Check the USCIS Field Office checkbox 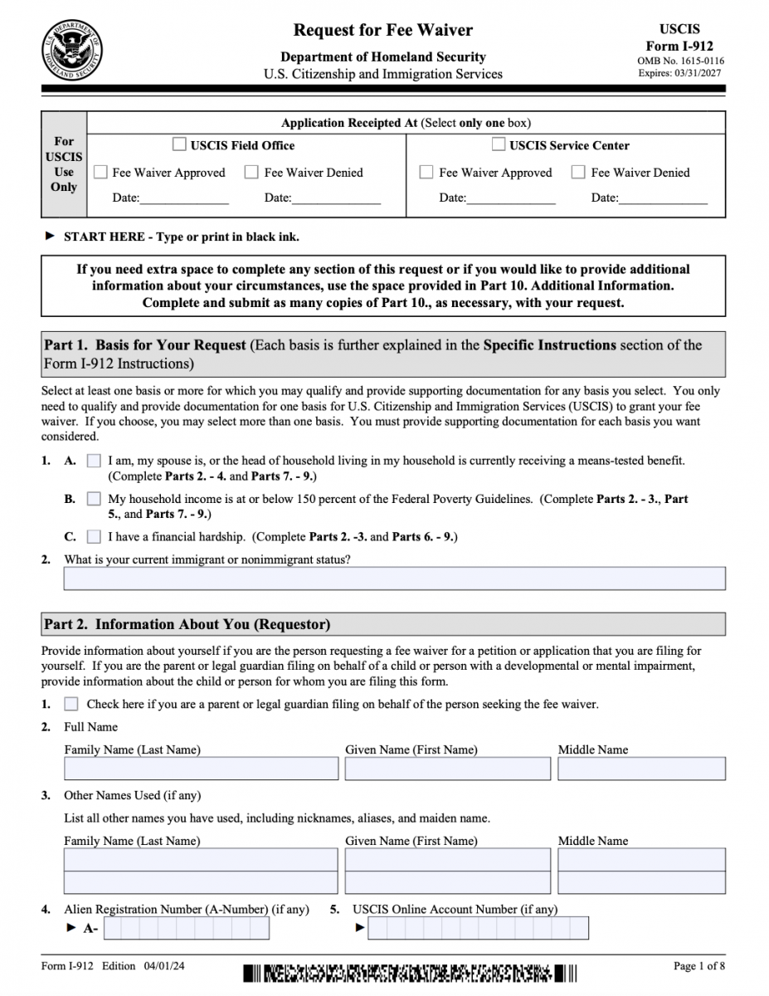[179, 144]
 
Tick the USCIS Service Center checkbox [498, 144]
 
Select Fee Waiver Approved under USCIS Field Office [100, 173]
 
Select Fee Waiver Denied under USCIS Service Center [578, 173]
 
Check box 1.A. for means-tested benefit [94, 461]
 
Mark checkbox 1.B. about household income [94, 499]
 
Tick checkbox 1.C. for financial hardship [94, 537]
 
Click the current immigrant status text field [394, 578]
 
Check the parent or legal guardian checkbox [71, 704]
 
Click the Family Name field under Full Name [201, 769]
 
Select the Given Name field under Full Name [447, 769]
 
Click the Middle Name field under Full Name [641, 769]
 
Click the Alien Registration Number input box [186, 928]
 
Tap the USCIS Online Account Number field [478, 928]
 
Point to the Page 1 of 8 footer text [699, 966]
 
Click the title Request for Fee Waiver [382, 31]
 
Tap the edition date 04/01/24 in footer [164, 966]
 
